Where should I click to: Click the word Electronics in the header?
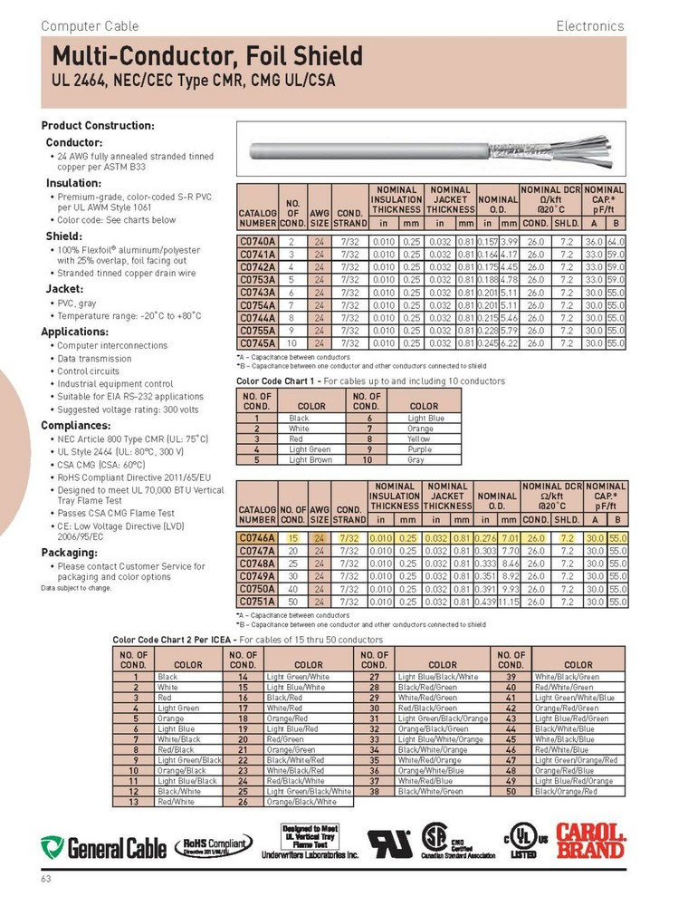click(x=590, y=25)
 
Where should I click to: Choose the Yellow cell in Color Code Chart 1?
click(x=418, y=438)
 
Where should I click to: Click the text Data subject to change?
click(x=76, y=587)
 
